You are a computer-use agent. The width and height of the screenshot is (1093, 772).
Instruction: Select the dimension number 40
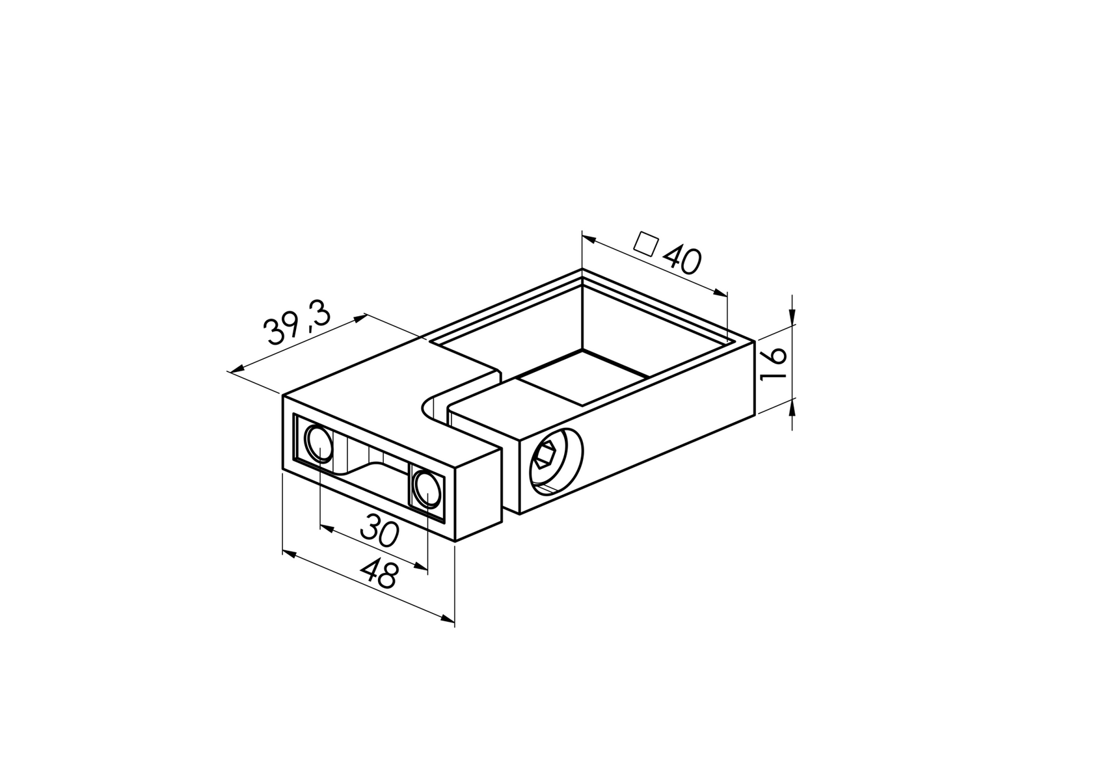[x=681, y=260]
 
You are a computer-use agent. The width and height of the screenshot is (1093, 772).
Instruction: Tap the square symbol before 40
[x=647, y=243]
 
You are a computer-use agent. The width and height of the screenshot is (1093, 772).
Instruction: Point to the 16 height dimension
[x=774, y=366]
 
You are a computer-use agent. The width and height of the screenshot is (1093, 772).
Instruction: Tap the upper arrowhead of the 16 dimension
[x=792, y=319]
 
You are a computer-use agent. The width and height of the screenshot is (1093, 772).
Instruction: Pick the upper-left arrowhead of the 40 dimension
[x=588, y=239]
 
